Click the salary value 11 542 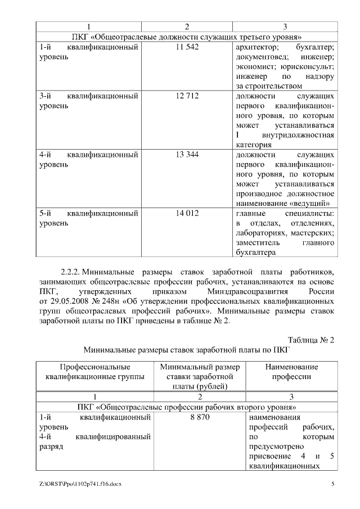point(187,48)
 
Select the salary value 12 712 point(187,96)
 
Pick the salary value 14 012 point(187,213)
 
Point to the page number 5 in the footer point(333,484)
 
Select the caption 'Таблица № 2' point(311,340)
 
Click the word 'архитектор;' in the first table point(256,48)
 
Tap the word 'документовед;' point(263,57)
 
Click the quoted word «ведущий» point(307,203)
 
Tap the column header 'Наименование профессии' point(291,372)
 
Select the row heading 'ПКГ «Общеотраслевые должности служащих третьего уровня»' point(187,37)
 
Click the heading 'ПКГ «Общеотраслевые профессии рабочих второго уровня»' point(187,407)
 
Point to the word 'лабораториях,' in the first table point(263,232)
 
